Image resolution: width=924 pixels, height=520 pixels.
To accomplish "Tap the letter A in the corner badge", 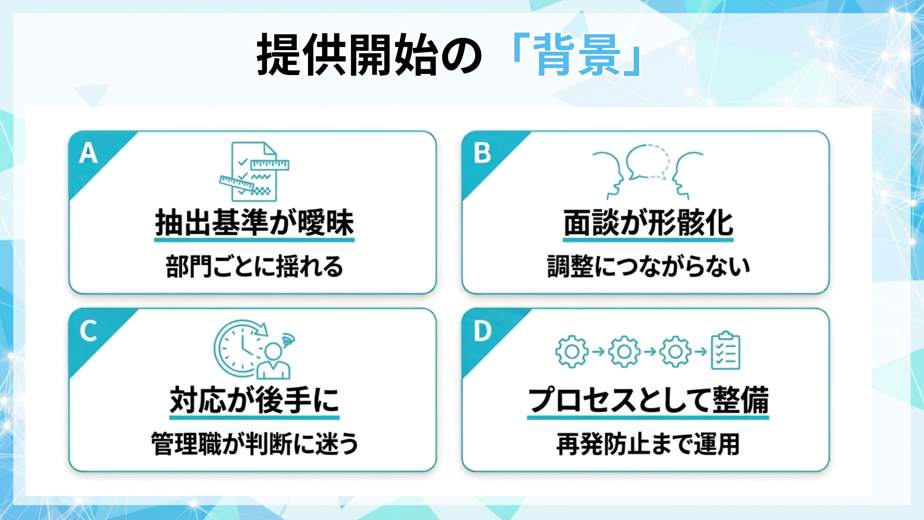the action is [x=89, y=154].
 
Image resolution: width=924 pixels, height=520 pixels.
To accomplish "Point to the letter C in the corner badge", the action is [x=89, y=331].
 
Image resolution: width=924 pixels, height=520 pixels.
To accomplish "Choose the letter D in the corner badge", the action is [x=482, y=331].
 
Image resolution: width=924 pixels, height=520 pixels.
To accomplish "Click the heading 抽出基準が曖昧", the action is [x=254, y=223].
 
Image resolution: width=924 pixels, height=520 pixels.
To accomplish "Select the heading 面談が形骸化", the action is [x=648, y=223].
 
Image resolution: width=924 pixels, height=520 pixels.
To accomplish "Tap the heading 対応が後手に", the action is [x=254, y=401].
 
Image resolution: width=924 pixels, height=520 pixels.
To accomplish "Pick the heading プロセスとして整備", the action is [x=648, y=401].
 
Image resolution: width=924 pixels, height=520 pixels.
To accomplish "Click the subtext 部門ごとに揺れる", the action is [x=254, y=267].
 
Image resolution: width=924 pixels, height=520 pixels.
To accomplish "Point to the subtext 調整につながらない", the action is [x=648, y=267].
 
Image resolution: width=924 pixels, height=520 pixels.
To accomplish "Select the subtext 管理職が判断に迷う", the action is [x=254, y=444].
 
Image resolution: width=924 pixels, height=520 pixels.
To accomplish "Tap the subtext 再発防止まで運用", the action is [x=648, y=444].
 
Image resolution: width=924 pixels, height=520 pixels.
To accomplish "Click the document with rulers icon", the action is [x=254, y=171].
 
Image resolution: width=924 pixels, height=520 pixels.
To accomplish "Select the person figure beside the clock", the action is [x=273, y=361].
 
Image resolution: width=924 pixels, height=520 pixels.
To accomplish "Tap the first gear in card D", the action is [x=572, y=351].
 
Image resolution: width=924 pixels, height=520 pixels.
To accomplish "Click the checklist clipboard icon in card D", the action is [x=725, y=351].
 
